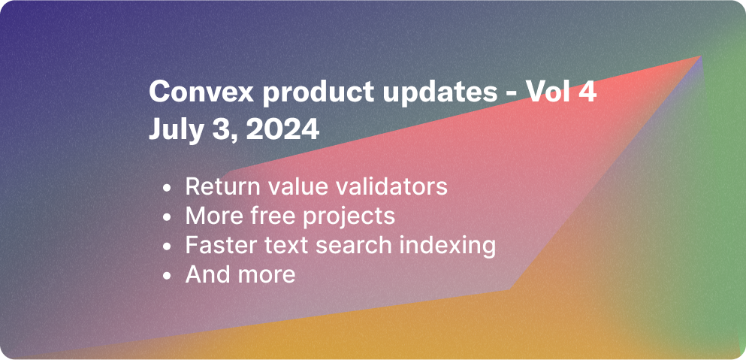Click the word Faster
click(217, 245)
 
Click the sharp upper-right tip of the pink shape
click(699, 57)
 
